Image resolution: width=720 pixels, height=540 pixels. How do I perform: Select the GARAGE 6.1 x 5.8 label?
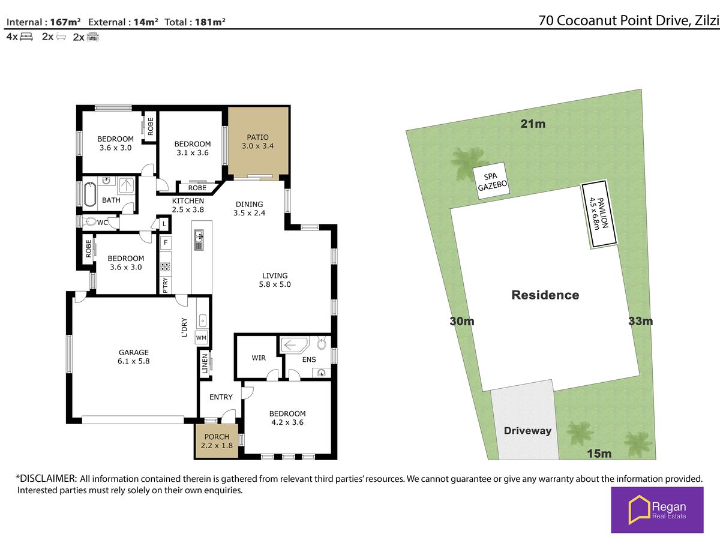(x=134, y=357)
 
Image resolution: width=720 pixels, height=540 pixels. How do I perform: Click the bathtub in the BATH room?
(x=90, y=194)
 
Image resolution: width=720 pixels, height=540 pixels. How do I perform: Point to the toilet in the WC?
(x=89, y=221)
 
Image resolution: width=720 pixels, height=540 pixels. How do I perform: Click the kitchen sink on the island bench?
(x=199, y=240)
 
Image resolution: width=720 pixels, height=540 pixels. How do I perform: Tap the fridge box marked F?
(x=166, y=242)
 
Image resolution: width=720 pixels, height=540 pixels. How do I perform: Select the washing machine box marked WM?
(x=201, y=338)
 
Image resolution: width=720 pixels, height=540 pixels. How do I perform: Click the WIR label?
(x=259, y=358)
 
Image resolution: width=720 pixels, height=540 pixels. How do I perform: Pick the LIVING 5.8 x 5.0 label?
(x=275, y=280)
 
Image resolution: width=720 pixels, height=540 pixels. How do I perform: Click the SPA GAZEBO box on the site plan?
(x=491, y=181)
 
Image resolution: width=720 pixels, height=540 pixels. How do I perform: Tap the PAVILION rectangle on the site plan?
(x=599, y=214)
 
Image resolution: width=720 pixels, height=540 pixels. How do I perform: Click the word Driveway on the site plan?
(x=527, y=431)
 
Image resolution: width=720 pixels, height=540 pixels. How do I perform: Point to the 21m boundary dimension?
(x=533, y=124)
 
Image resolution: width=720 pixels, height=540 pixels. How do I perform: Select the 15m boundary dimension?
(x=599, y=454)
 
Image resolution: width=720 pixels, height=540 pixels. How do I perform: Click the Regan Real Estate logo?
(x=657, y=510)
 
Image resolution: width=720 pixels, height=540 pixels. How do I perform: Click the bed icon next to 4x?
(x=26, y=37)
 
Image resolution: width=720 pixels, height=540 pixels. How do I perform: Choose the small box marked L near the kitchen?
(x=164, y=224)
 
